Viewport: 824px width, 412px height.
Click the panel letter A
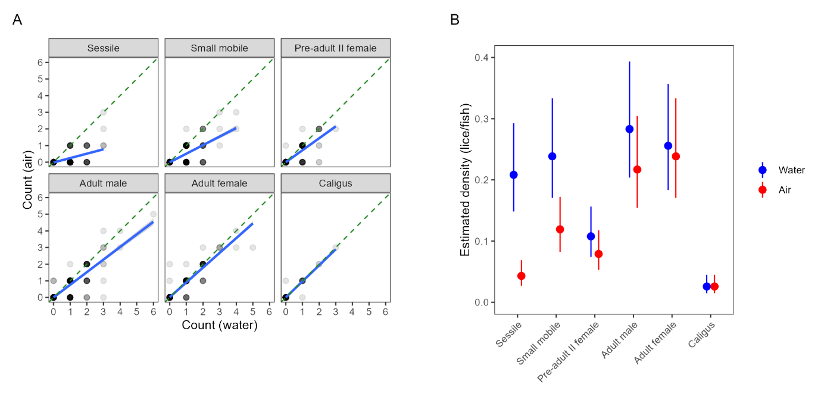[x=17, y=20]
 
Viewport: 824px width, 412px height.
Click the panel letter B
[x=455, y=20]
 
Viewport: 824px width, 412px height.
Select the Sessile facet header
[x=103, y=48]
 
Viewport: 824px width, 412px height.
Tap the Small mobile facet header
[x=219, y=48]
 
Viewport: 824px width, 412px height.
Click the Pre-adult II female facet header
[x=335, y=48]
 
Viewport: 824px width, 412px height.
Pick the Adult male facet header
[x=103, y=183]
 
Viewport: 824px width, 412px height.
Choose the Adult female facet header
[x=219, y=183]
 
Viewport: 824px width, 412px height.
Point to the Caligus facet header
[x=335, y=183]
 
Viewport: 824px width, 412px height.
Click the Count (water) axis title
[x=220, y=325]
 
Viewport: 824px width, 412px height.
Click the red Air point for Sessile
[x=522, y=276]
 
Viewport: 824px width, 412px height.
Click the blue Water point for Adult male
[x=629, y=129]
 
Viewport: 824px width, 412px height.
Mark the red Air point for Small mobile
[x=560, y=229]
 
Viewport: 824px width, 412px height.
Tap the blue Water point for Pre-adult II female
[x=591, y=236]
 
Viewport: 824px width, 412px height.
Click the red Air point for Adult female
[x=676, y=156]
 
